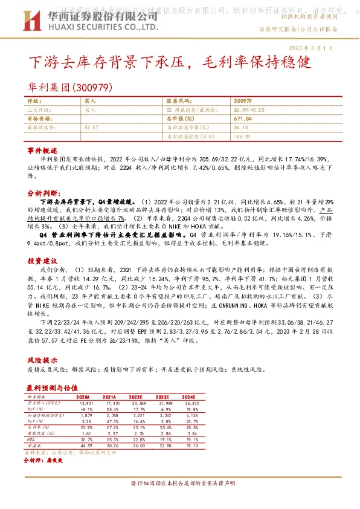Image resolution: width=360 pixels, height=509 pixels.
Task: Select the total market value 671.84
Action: [241, 119]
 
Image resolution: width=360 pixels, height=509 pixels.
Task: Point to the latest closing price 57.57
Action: [92, 128]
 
